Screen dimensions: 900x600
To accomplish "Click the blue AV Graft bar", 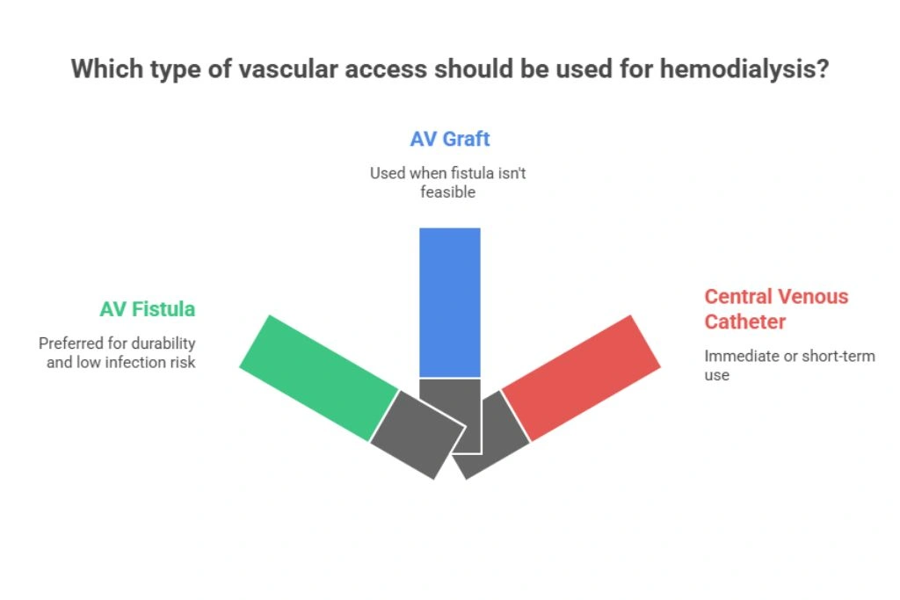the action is (449, 302).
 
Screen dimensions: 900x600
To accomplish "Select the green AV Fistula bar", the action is (318, 378).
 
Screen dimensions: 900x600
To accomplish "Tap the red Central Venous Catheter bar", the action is (581, 378).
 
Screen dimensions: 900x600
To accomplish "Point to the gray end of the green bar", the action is (417, 434).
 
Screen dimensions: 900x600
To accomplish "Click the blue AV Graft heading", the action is (449, 139).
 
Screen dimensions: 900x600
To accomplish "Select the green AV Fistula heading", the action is (148, 309).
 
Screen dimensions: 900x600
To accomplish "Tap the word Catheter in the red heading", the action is (744, 322).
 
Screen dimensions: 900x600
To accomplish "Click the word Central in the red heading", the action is (738, 297).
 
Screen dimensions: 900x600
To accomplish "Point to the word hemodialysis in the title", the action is (744, 69).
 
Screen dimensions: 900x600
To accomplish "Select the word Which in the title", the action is (107, 69).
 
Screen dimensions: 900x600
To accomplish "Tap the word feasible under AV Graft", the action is (447, 192).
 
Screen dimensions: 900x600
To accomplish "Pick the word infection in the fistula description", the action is (134, 363).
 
